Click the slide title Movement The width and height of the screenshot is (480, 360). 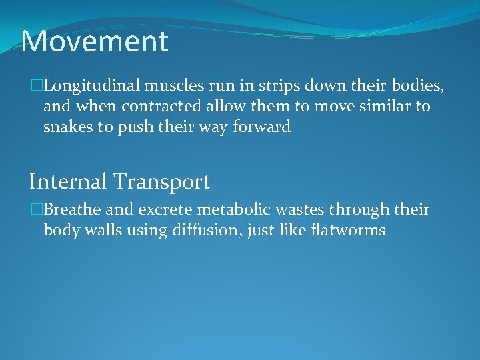[95, 41]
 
